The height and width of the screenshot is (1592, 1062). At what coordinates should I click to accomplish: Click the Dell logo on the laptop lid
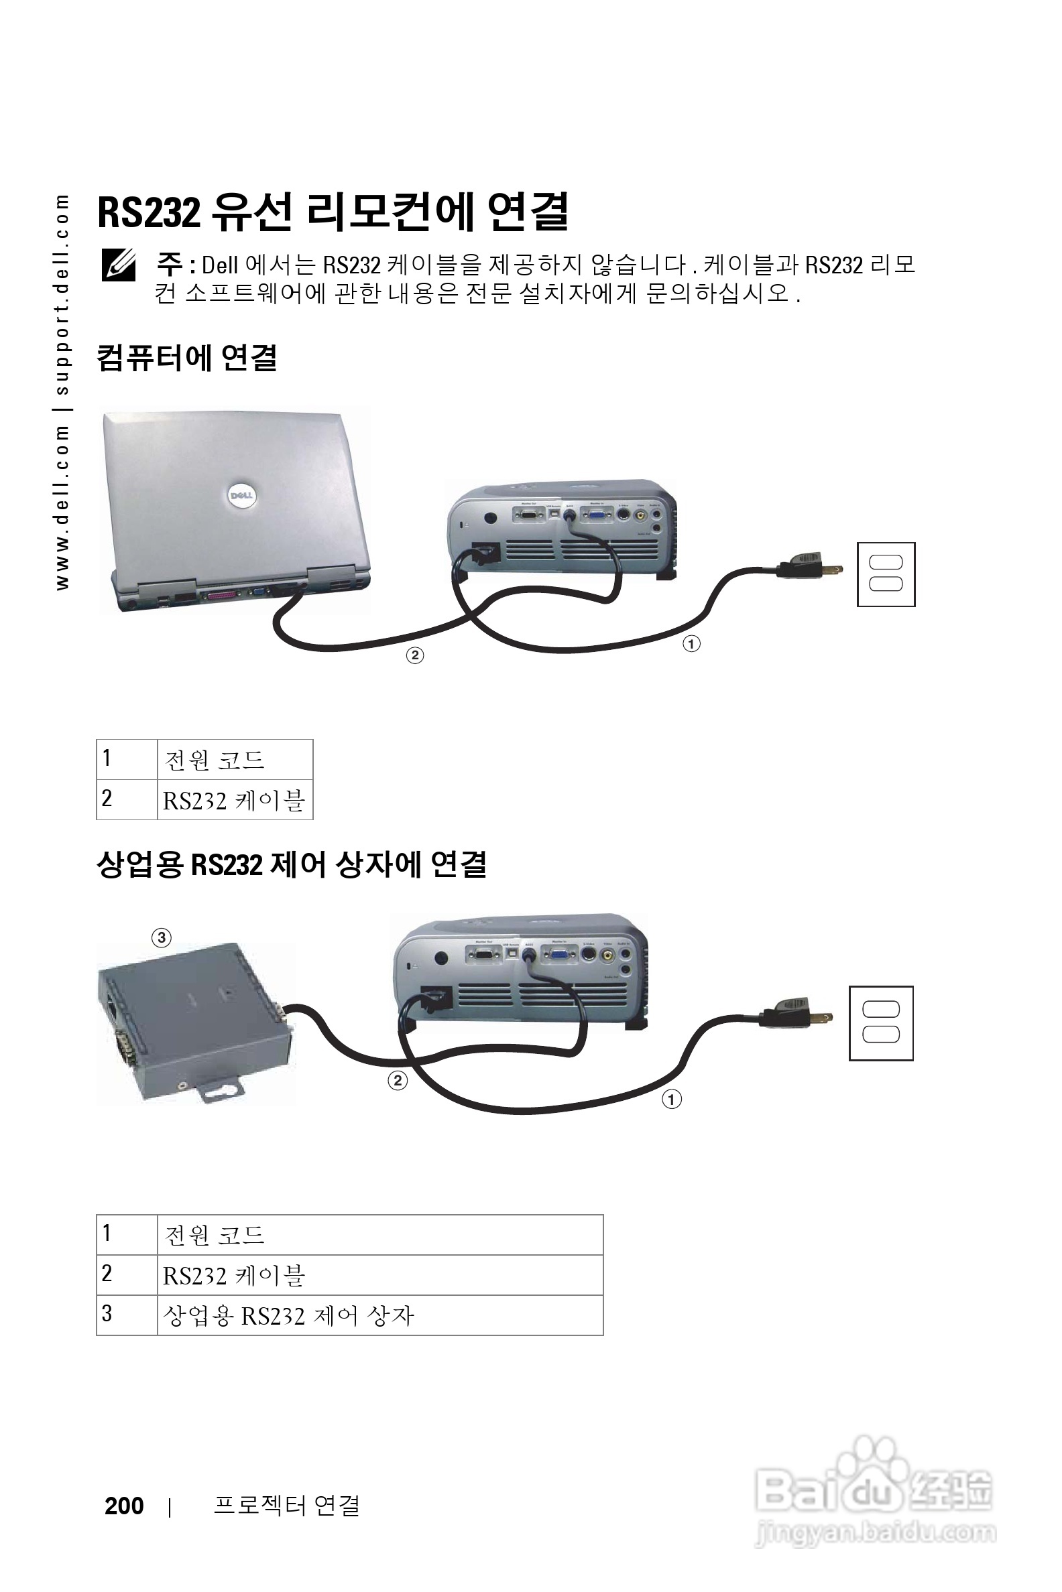pyautogui.click(x=241, y=495)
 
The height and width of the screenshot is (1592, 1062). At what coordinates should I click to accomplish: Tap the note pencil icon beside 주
pyautogui.click(x=119, y=265)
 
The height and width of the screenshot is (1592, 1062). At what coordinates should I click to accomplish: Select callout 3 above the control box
pyautogui.click(x=161, y=937)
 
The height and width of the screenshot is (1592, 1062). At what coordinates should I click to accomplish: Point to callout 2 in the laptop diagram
pyautogui.click(x=414, y=655)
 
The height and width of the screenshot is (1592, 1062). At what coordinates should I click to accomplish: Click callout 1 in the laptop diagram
pyautogui.click(x=691, y=643)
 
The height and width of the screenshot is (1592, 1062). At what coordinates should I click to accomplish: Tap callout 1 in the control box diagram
pyautogui.click(x=671, y=1100)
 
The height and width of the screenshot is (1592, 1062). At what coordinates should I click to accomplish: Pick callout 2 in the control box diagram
pyautogui.click(x=398, y=1080)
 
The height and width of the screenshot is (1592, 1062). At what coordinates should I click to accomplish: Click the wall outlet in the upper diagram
pyautogui.click(x=885, y=574)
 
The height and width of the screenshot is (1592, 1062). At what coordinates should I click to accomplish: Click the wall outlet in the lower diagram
pyautogui.click(x=880, y=1022)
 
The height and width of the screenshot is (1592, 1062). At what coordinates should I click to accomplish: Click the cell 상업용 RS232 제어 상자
pyautogui.click(x=379, y=1315)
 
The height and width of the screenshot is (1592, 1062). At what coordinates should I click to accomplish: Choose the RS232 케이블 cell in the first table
pyautogui.click(x=235, y=800)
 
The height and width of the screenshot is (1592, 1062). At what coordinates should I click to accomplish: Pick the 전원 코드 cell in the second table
pyautogui.click(x=379, y=1236)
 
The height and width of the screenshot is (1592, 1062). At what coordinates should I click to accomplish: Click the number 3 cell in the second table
pyautogui.click(x=126, y=1315)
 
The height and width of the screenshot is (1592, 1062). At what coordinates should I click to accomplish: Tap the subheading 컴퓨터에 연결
pyautogui.click(x=187, y=357)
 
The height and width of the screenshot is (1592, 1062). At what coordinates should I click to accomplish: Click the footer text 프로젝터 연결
pyautogui.click(x=286, y=1506)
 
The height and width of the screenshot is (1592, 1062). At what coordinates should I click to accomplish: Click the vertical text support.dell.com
pyautogui.click(x=62, y=295)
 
